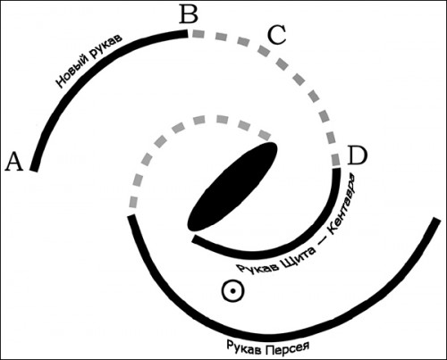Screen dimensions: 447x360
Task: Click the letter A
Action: (x=14, y=162)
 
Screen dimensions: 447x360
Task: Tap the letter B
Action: (x=189, y=14)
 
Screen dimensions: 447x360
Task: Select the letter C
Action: (x=277, y=35)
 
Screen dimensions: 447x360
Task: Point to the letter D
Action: (x=358, y=155)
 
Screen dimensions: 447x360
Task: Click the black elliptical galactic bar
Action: (x=232, y=187)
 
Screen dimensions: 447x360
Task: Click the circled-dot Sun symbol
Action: (x=232, y=290)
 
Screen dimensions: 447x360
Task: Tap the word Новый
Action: (x=72, y=71)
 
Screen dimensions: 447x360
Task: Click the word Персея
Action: (x=287, y=348)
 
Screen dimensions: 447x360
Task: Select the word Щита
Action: (x=298, y=258)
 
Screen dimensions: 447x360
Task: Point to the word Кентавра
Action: (x=342, y=203)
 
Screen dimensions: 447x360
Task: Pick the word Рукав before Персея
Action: (x=244, y=347)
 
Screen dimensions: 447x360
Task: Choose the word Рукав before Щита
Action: (x=257, y=268)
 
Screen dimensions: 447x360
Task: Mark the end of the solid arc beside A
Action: (x=33, y=170)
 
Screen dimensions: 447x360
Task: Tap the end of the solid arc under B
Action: (x=187, y=33)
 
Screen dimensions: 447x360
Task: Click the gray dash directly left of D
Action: (x=336, y=160)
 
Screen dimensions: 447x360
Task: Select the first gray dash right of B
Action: (x=198, y=34)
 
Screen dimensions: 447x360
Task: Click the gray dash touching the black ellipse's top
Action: (x=265, y=135)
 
